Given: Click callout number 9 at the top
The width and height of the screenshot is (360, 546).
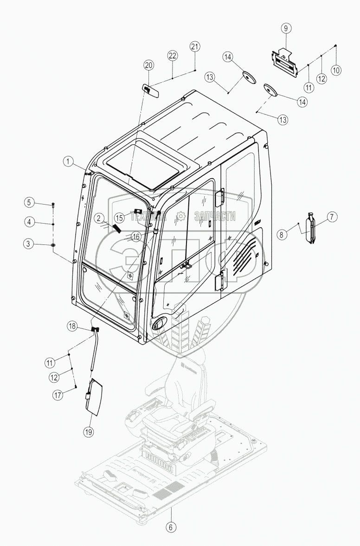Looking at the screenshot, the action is pos(286,28).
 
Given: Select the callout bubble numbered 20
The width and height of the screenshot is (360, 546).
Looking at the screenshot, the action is pos(148,65).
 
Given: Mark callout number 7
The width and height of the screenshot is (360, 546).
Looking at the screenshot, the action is pos(333,217).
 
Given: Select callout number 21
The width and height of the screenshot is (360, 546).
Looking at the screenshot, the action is pos(195,46).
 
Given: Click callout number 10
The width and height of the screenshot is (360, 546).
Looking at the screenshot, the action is pos(336,70).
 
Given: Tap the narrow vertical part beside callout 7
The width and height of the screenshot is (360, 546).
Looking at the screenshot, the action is pos(311,227).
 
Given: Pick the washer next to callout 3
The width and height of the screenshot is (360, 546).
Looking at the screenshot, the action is pos(53,245).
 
